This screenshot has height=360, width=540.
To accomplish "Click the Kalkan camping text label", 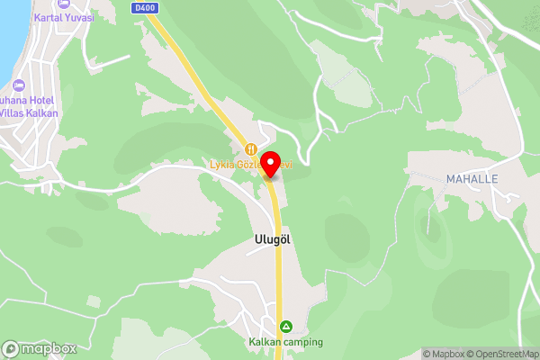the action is point(286,342).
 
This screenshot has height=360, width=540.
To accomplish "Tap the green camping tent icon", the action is point(286,326).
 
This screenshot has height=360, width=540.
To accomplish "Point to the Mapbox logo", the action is point(39,348).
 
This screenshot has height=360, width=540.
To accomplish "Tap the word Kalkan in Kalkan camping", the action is point(267,342).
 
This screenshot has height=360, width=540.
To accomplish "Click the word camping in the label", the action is point(304,342).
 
